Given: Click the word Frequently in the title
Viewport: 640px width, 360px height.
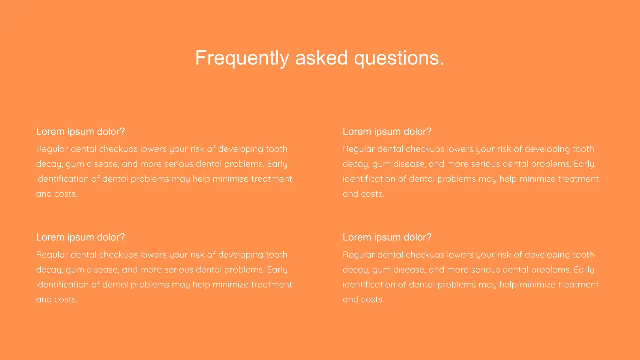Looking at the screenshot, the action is [242, 58].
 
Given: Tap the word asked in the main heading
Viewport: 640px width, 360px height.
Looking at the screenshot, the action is [321, 58].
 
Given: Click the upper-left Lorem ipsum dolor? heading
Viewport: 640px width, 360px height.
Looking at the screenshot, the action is [80, 132].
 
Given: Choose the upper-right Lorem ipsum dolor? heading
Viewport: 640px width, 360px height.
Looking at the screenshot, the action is [387, 132].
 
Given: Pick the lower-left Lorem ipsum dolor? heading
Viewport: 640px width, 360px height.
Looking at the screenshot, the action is [80, 237].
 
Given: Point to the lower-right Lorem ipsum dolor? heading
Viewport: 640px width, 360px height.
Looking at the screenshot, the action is [387, 237].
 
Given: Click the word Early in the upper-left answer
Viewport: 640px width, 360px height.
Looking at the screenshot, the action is [277, 164].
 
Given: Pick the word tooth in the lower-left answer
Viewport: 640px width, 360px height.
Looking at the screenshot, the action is [276, 255].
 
